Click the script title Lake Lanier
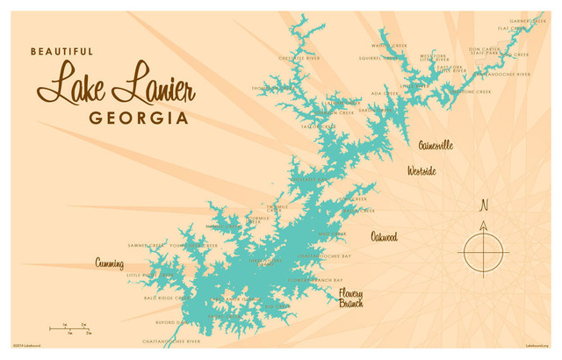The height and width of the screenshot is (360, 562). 115,85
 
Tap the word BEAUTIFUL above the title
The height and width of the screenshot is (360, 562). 61,52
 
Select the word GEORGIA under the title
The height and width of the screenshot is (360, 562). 139,118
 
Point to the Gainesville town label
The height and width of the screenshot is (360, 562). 436,145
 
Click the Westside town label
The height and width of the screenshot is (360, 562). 421,171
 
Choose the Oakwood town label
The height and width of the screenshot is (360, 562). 384,237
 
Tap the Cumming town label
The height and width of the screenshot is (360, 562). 109,263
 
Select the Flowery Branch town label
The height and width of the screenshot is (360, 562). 350,298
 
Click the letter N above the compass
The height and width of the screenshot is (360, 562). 483,207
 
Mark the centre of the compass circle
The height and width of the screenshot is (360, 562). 481,253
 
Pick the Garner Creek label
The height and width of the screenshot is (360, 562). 527,20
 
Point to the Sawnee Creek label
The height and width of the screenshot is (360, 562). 146,246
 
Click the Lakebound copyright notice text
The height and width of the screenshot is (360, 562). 30,345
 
